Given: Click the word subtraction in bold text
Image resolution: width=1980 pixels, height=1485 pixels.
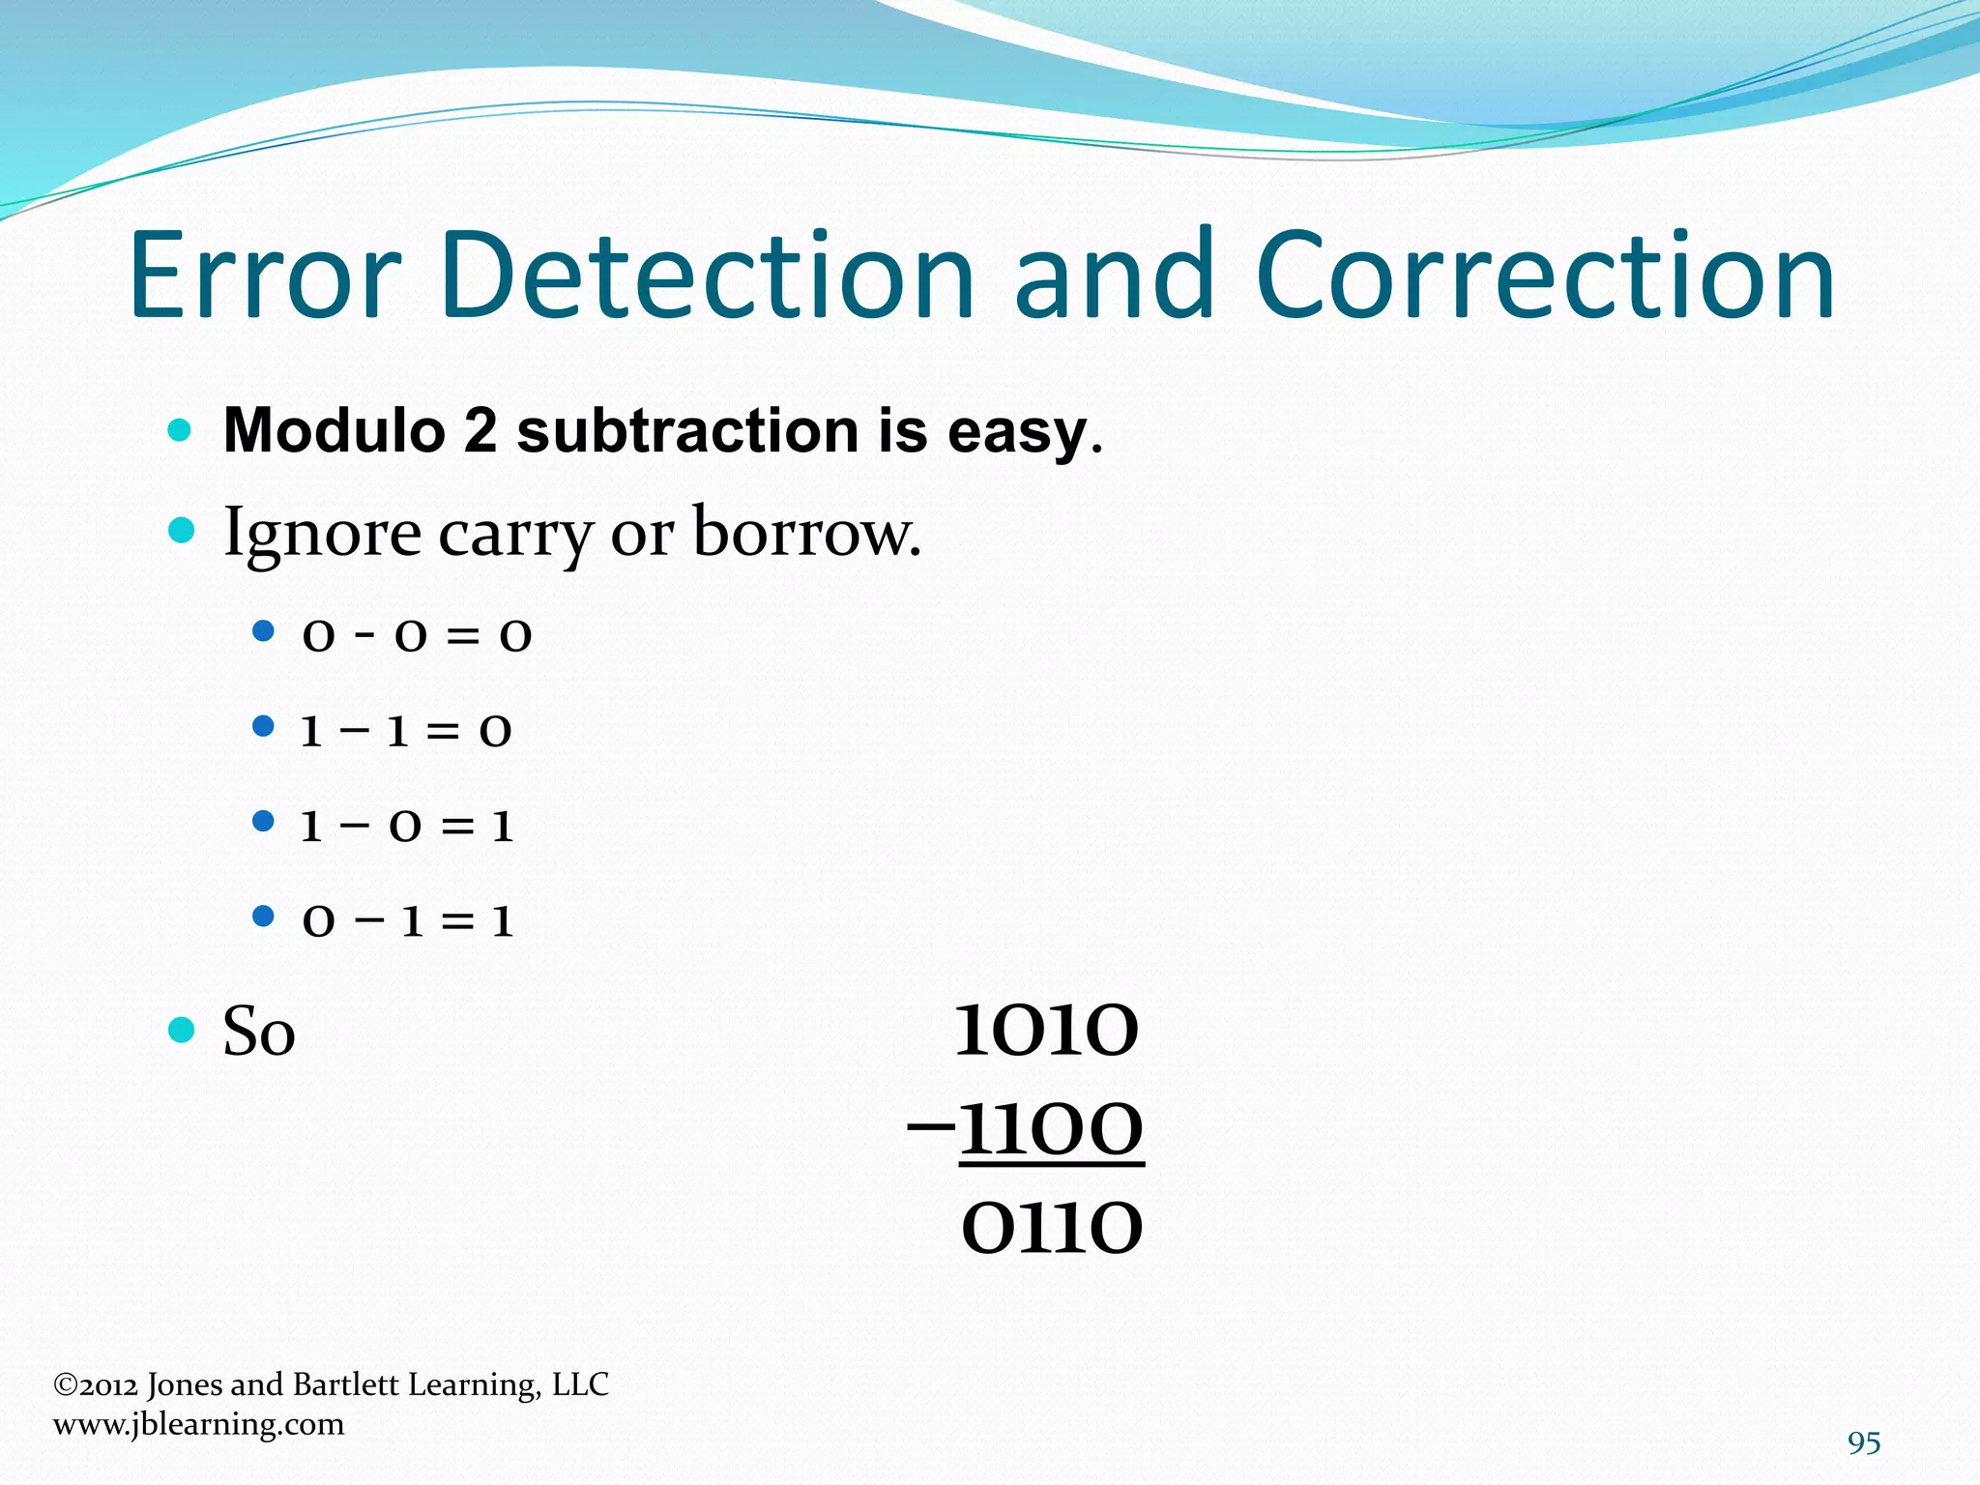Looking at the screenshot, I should (x=687, y=430).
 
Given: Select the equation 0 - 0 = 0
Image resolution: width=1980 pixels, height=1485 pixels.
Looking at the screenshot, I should (x=417, y=635).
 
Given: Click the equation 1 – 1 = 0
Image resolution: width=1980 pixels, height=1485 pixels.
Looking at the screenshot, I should (x=406, y=731).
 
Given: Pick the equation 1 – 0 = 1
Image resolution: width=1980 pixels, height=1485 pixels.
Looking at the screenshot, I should (x=407, y=826).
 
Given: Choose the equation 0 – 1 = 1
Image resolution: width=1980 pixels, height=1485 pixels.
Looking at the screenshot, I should (x=407, y=920).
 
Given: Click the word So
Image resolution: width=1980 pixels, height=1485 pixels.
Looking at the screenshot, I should (x=258, y=1032).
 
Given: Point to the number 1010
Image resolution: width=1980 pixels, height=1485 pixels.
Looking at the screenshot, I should (x=1047, y=1031).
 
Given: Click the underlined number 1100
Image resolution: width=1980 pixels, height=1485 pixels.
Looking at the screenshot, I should (x=1052, y=1129).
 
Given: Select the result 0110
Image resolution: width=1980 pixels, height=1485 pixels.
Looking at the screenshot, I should (x=1052, y=1229).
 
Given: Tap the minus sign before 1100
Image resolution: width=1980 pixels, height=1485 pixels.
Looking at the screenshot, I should (x=930, y=1127).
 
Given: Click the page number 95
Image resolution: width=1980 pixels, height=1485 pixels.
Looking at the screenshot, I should (x=1863, y=1442).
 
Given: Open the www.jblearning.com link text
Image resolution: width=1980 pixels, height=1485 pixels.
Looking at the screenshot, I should (x=198, y=1424).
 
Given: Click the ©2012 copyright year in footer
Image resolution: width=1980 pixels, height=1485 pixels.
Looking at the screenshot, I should (x=96, y=1385).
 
